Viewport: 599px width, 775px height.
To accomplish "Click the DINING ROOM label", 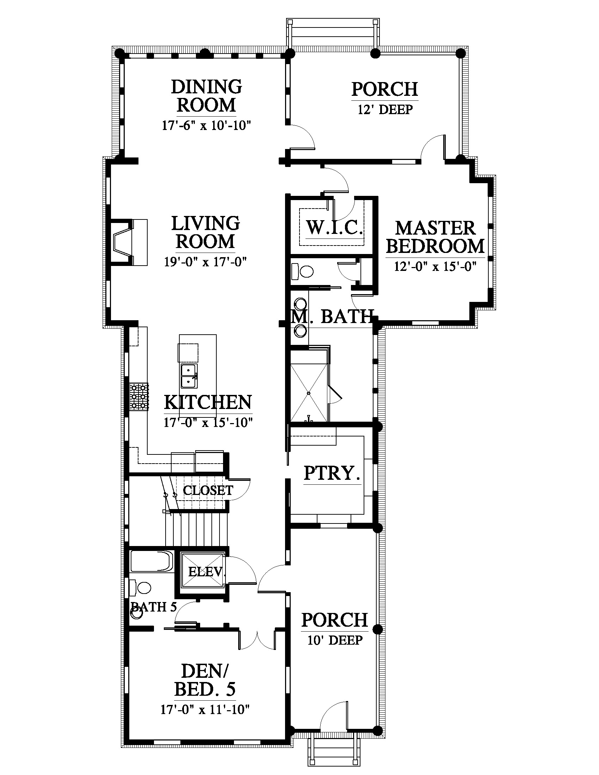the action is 206,96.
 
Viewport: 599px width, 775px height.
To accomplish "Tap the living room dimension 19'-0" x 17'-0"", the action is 205,262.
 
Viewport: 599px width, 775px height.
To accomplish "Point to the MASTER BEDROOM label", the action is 436,237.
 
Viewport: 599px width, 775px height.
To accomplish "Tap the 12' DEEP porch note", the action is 385,109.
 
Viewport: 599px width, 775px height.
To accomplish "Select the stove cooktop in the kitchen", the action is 138,397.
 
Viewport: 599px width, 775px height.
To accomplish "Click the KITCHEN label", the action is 208,402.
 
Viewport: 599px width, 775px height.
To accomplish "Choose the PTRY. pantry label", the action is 332,473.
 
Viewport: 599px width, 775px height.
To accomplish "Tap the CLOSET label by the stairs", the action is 208,490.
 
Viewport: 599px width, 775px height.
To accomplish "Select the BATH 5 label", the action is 154,607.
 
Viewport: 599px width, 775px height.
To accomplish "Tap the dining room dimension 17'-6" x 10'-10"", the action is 206,125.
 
